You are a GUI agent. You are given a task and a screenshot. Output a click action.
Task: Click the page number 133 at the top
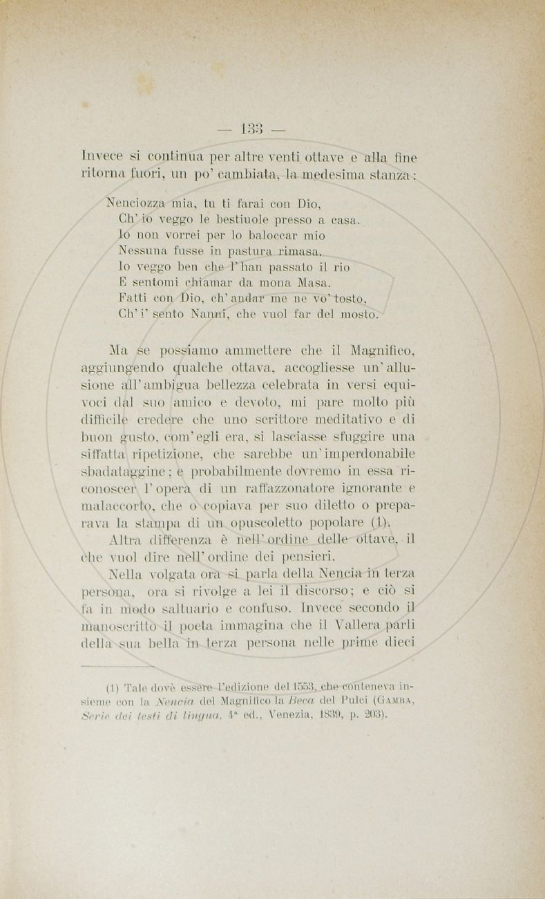tap(251, 129)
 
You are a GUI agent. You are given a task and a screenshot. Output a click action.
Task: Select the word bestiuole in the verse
tap(239, 220)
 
